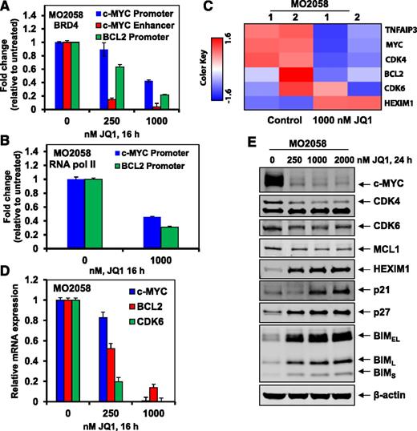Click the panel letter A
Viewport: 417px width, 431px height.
7,7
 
